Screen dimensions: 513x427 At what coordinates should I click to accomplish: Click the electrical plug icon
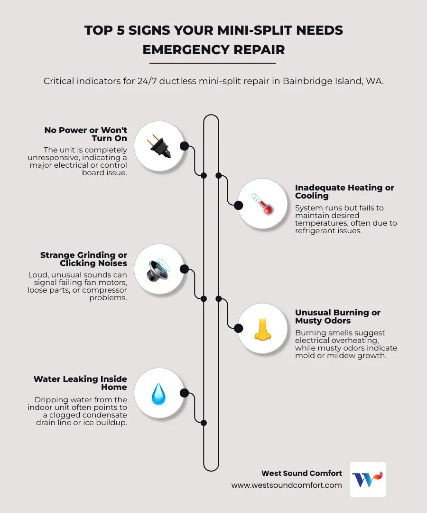(159, 145)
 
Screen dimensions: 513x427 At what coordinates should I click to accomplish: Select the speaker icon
(159, 269)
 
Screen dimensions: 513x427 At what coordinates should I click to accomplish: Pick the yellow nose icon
(261, 329)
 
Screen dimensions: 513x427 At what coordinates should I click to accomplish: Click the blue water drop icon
(159, 393)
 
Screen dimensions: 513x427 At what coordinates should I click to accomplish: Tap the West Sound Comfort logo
(368, 479)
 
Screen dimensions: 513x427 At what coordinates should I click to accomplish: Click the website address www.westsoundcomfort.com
(287, 485)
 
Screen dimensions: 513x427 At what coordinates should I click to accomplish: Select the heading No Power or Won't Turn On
(86, 134)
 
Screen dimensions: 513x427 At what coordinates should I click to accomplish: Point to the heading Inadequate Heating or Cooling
(344, 191)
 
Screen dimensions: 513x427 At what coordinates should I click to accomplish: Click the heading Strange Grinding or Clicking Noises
(84, 259)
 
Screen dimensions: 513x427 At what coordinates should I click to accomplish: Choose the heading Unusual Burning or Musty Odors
(338, 316)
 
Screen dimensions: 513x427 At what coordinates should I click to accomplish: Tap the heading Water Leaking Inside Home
(80, 383)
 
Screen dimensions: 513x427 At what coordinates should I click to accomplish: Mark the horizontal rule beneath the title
(213, 63)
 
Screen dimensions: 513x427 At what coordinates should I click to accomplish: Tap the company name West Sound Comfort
(301, 473)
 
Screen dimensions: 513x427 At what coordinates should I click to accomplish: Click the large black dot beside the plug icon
(184, 146)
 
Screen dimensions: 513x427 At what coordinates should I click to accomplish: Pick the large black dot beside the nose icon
(239, 328)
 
